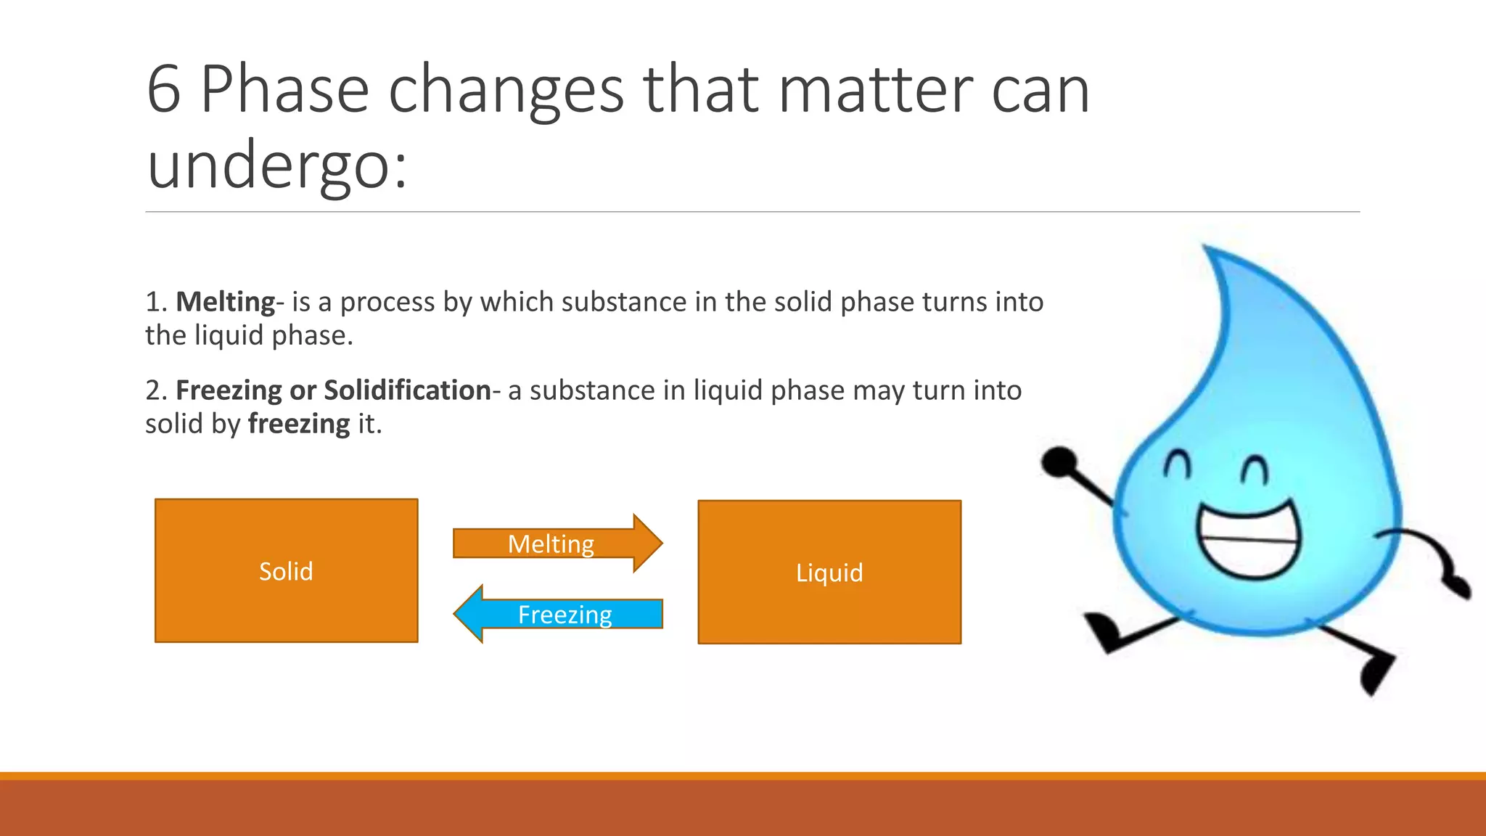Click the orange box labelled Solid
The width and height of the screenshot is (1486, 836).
pos(286,570)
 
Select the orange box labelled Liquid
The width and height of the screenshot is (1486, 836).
pos(829,572)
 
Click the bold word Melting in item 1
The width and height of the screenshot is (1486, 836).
pos(225,302)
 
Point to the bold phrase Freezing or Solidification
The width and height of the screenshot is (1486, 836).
pos(333,390)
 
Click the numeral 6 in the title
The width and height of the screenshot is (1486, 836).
pos(163,90)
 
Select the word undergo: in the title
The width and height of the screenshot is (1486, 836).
pos(277,165)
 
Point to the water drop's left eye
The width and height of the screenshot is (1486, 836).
pos(1178,464)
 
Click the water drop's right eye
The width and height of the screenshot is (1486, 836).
pos(1255,470)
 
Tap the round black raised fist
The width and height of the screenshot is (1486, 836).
pos(1059,462)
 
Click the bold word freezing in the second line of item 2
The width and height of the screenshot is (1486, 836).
pos(299,424)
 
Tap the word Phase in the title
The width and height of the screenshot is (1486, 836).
pos(284,90)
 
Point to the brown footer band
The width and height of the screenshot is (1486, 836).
pos(743,807)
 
